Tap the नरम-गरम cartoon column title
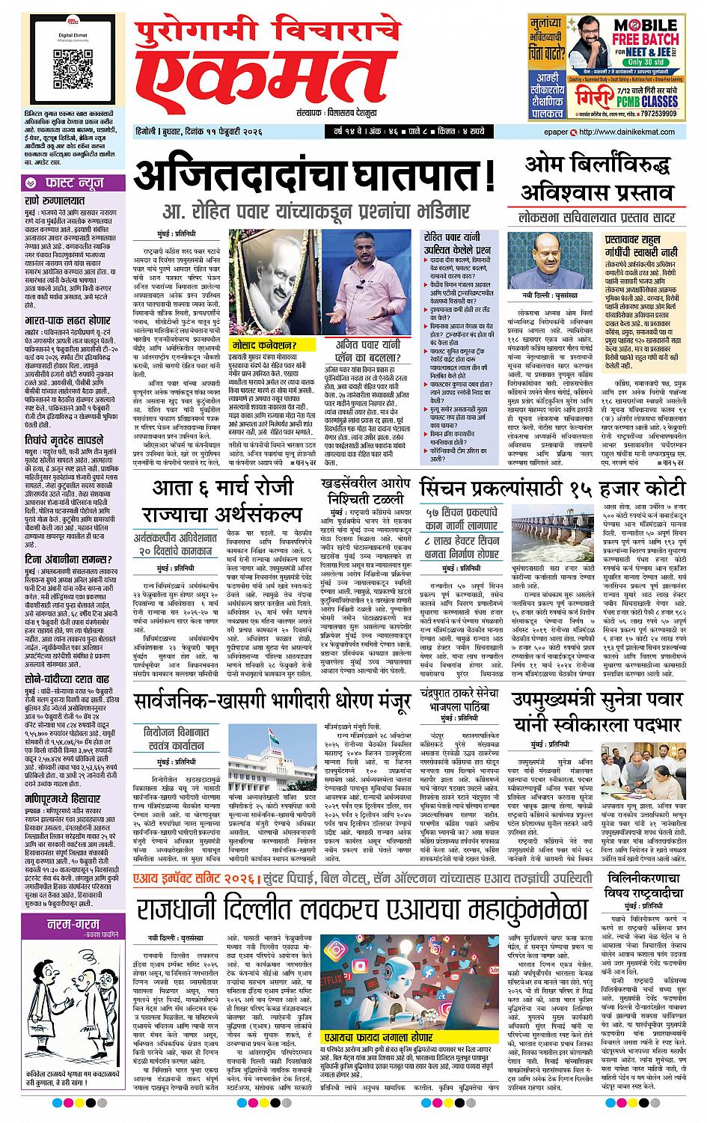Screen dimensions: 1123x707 coord(60,923)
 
